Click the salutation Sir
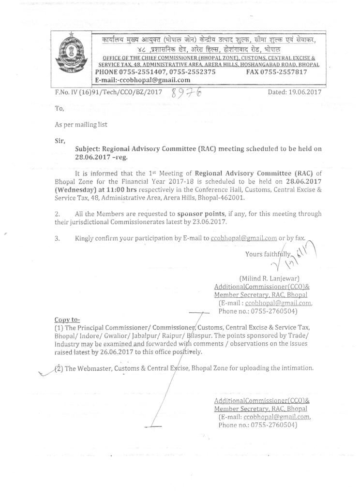point(60,141)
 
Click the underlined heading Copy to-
point(68,320)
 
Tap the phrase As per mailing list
point(81,124)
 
